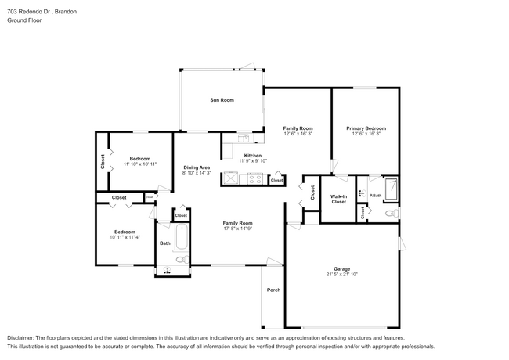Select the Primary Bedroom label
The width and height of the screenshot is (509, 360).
tap(366, 128)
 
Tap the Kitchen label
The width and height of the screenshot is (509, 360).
tap(252, 155)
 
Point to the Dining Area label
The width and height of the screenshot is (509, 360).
tap(196, 167)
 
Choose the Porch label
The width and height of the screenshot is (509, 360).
tap(273, 290)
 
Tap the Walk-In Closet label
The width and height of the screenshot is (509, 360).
tap(338, 199)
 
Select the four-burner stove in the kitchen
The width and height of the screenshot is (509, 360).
tap(255, 178)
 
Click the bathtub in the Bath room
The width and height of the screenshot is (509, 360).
tap(180, 236)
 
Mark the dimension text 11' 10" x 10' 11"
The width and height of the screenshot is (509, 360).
tap(140, 164)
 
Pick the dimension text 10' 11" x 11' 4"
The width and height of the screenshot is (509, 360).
tap(125, 237)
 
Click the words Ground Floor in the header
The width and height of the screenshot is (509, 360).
tap(24, 20)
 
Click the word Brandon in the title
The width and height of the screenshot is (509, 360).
tap(71, 9)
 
